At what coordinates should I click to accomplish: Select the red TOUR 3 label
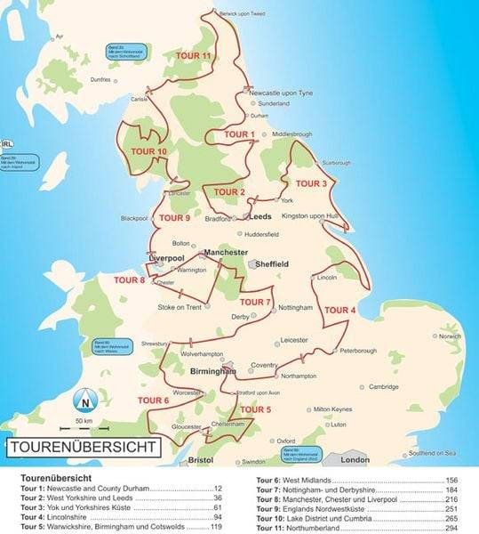(311, 183)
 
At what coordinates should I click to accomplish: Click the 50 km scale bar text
(85, 419)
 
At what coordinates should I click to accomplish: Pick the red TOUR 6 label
(154, 400)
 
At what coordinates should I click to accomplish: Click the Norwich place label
(451, 336)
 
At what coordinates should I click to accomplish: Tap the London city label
(355, 460)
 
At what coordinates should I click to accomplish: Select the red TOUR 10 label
(148, 151)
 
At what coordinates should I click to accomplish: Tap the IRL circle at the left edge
(7, 143)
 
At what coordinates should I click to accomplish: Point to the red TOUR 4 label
(340, 310)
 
